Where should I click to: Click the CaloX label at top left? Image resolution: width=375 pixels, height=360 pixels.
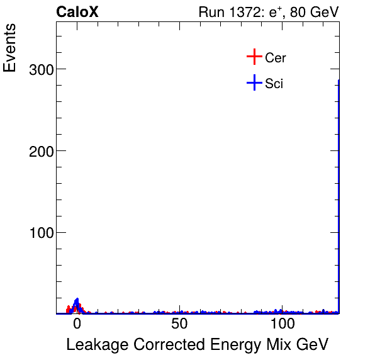point(77,13)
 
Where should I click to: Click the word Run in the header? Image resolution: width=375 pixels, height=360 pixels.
point(210,13)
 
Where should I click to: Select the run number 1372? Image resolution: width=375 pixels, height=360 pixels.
point(244,13)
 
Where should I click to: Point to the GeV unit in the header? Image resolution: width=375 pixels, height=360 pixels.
point(326,13)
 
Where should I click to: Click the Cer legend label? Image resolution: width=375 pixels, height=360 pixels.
point(276,58)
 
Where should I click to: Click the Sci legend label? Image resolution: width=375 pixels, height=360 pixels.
point(274,83)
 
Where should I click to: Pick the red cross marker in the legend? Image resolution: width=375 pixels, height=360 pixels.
point(254,57)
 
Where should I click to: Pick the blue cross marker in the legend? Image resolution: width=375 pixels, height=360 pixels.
point(254,82)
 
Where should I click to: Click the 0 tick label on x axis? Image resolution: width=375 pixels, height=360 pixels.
point(77,325)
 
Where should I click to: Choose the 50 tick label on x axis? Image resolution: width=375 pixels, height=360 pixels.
point(180,325)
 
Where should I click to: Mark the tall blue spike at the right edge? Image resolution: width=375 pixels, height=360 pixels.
point(339,189)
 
